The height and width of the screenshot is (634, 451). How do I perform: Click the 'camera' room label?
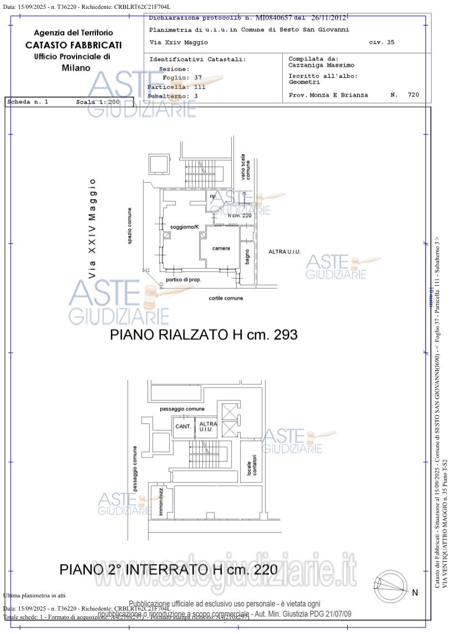coord(221,248)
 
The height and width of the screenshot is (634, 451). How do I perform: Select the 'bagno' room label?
coord(247,257)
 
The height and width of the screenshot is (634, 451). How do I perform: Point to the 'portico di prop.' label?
coord(183,280)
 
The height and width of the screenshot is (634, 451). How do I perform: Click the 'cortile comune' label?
coord(226,298)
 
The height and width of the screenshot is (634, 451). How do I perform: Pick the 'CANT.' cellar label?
coord(183,427)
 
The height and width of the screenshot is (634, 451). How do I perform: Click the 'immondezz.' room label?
coord(161,501)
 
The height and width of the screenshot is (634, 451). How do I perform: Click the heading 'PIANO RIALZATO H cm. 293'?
coord(204,335)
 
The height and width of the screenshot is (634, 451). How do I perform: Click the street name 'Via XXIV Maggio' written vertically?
coord(93,228)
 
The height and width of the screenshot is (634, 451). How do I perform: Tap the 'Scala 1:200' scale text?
coord(98,102)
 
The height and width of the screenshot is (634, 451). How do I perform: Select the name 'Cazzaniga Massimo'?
coord(321,65)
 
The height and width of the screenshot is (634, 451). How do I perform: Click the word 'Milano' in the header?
coord(76,68)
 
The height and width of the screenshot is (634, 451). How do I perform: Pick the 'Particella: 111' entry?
coord(176,87)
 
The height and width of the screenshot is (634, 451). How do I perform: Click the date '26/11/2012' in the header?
coord(329,18)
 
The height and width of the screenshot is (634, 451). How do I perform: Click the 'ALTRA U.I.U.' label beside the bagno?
coord(284,252)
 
